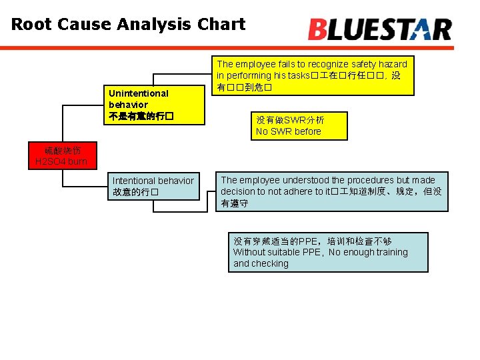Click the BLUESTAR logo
[380, 29]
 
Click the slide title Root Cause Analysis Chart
[128, 25]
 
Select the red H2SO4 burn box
[61, 156]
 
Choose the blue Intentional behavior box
[154, 186]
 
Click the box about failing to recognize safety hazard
[311, 75]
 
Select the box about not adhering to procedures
[331, 191]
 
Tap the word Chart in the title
[222, 25]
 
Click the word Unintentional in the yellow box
[139, 93]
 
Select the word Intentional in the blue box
[137, 181]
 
